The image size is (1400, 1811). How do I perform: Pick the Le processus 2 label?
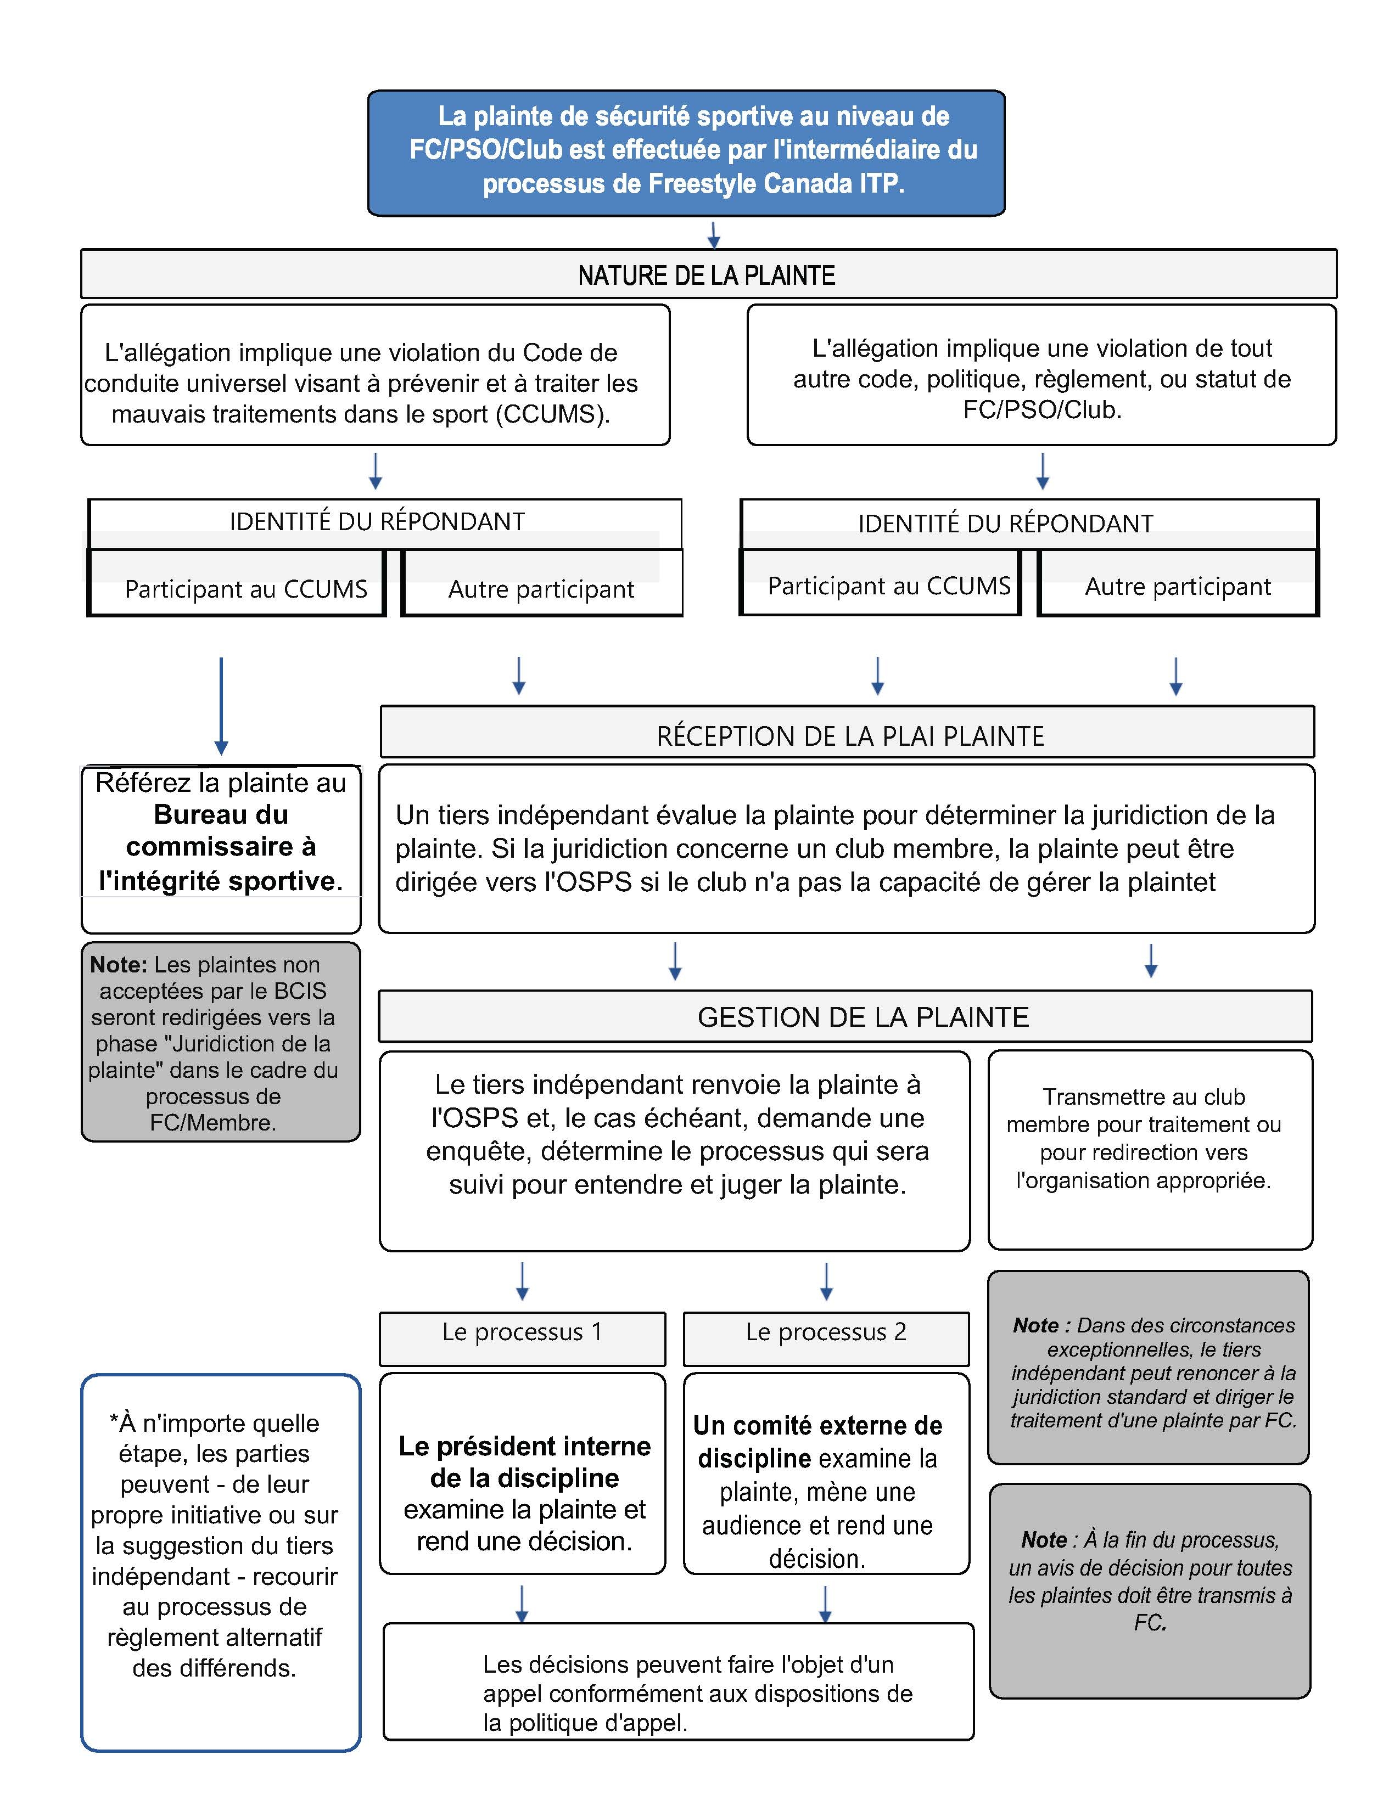click(x=826, y=1332)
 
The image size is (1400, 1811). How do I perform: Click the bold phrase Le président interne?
click(x=524, y=1446)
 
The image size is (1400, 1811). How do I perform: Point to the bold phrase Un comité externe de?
click(x=818, y=1425)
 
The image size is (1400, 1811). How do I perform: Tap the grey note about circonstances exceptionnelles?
click(x=1149, y=1373)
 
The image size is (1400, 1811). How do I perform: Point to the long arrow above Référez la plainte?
click(x=221, y=705)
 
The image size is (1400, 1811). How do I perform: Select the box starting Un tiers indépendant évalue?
click(x=846, y=848)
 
